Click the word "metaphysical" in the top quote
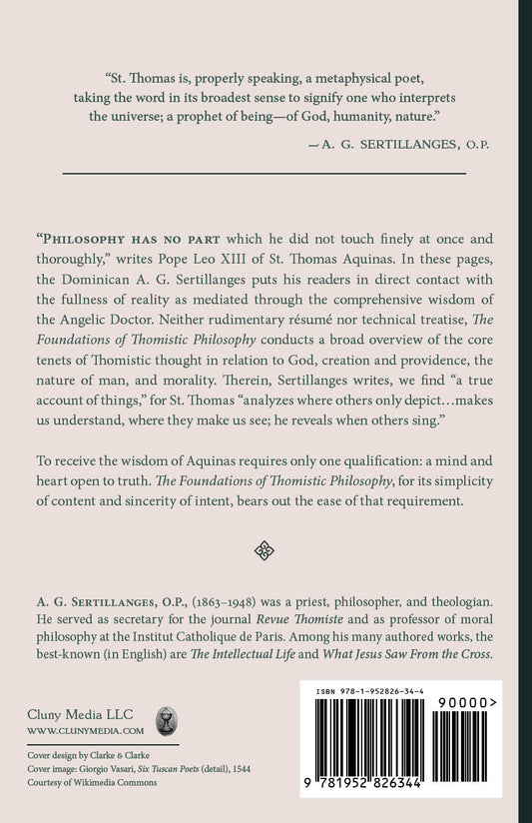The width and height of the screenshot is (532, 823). (x=371, y=79)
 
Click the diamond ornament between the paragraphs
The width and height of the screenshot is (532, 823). (x=266, y=548)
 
